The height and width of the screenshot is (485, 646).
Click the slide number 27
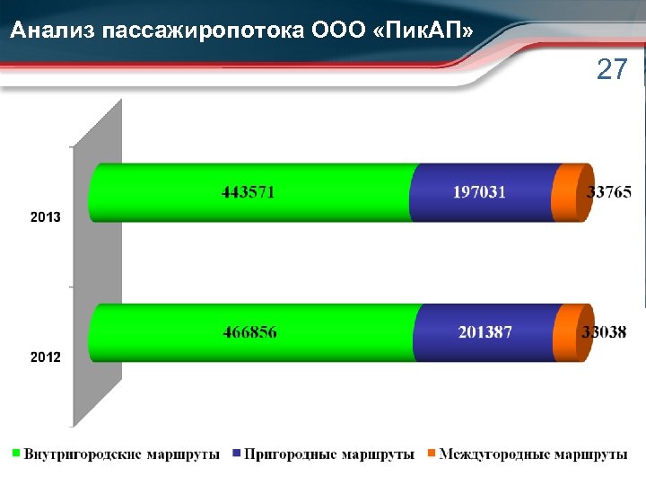pyautogui.click(x=612, y=70)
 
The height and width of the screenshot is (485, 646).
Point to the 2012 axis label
pyautogui.click(x=46, y=357)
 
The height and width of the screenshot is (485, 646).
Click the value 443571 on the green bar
pyautogui.click(x=249, y=192)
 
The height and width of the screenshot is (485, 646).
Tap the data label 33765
pyautogui.click(x=609, y=191)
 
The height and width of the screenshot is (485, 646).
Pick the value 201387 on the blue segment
pyautogui.click(x=484, y=332)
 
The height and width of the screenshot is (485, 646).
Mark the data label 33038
pyautogui.click(x=604, y=331)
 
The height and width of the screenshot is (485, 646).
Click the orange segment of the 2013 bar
pyautogui.click(x=568, y=192)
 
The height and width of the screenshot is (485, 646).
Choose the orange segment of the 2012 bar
pyautogui.click(x=567, y=333)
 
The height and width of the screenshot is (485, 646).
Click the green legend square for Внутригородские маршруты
pyautogui.click(x=16, y=454)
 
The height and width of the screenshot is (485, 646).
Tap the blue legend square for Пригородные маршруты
pyautogui.click(x=237, y=454)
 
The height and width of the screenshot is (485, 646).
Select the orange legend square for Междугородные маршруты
pyautogui.click(x=432, y=454)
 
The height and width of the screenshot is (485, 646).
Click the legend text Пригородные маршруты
pyautogui.click(x=328, y=454)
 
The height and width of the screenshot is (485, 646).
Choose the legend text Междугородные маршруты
pyautogui.click(x=533, y=454)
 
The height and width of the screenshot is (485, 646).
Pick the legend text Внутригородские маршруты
pyautogui.click(x=122, y=454)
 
